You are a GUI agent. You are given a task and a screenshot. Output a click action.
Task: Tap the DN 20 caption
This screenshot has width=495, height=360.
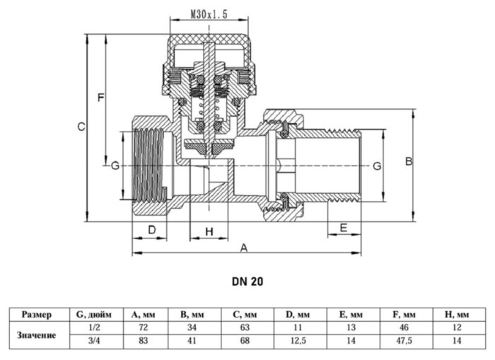tap(248, 281)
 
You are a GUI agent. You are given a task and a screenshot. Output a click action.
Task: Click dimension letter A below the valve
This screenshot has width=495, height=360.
tap(245, 248)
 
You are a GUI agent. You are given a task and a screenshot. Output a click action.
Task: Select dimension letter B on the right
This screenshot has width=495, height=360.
tap(408, 161)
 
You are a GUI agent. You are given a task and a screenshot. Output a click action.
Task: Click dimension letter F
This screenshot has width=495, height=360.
tap(101, 96)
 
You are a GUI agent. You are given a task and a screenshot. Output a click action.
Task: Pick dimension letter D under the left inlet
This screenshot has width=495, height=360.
tap(151, 230)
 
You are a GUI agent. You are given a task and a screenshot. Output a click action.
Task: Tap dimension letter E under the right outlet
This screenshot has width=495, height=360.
tap(343, 228)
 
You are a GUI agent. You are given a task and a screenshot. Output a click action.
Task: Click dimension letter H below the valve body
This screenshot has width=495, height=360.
tap(209, 232)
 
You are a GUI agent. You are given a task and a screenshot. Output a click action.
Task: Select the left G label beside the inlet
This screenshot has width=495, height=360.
tap(115, 166)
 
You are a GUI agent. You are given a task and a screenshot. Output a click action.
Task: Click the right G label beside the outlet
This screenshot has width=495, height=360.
tap(377, 166)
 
